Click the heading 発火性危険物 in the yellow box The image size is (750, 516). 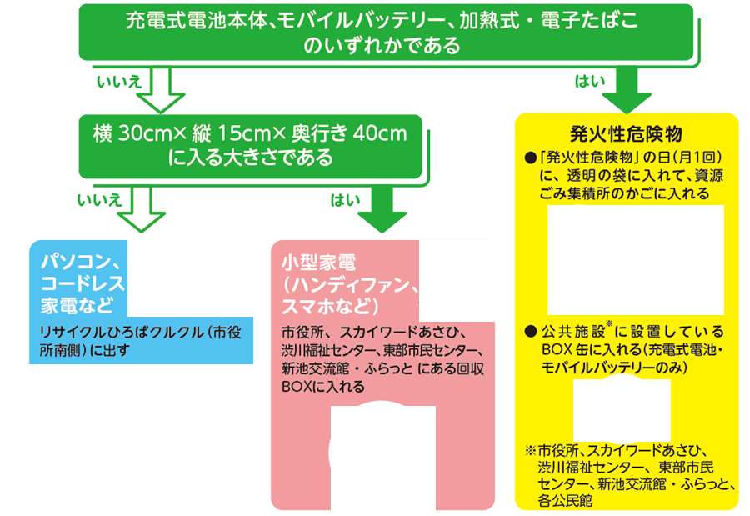coord(627,134)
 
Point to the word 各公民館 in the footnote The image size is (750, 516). coord(566,501)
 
